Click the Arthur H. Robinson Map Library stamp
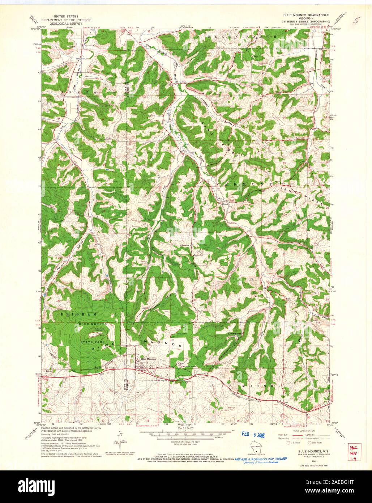pos(261,459)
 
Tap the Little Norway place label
pos(236,333)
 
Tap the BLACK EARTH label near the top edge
pos(243,37)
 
